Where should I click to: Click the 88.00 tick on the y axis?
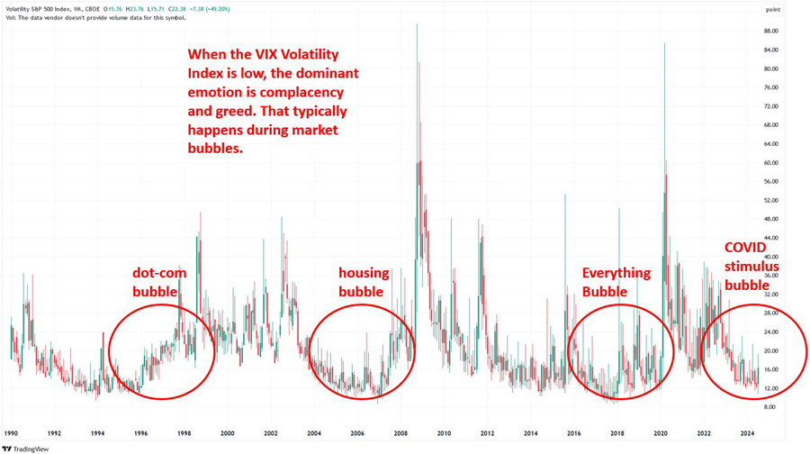(x=769, y=31)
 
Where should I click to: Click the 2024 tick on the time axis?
(x=746, y=432)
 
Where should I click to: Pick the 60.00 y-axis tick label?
(x=769, y=163)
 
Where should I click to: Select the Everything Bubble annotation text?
(x=616, y=281)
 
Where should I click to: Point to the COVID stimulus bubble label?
(x=749, y=266)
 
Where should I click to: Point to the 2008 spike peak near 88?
(x=417, y=25)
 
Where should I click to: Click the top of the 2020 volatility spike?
(x=664, y=43)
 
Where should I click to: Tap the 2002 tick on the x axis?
(x=271, y=432)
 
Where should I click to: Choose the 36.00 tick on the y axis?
(x=769, y=276)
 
